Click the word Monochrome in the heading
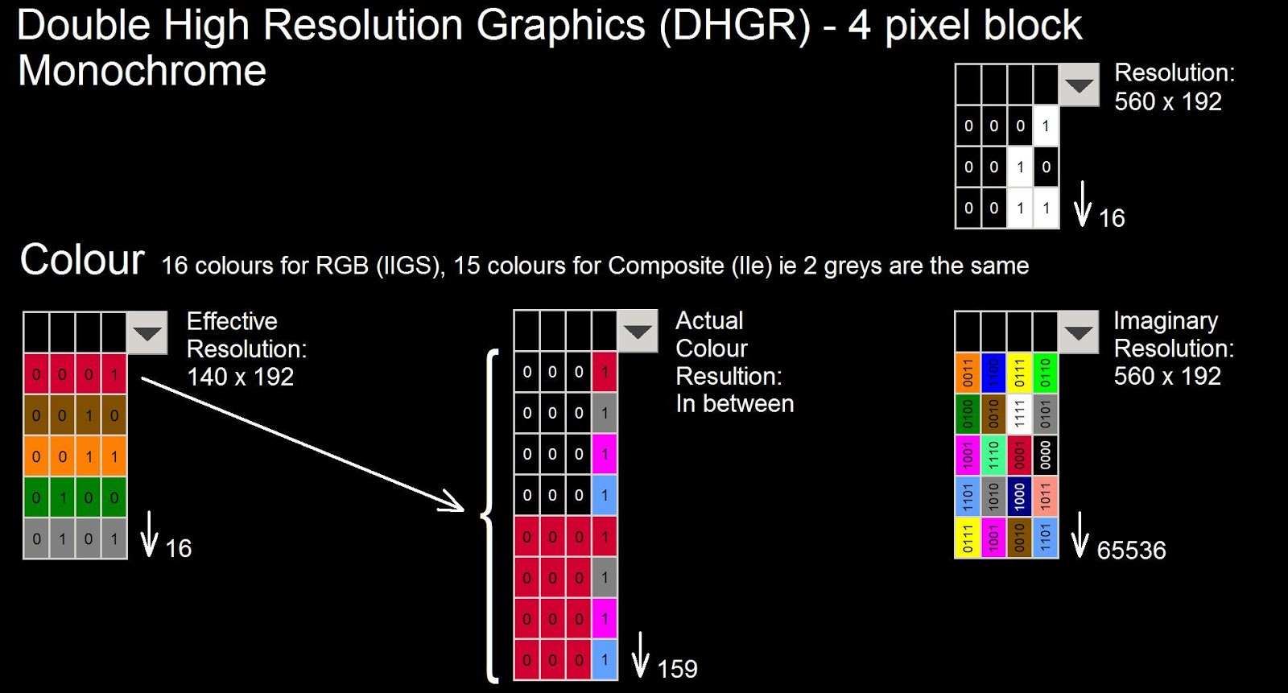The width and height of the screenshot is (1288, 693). coord(142,71)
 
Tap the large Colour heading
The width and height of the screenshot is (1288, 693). coord(82,260)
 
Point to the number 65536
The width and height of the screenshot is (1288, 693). coord(1131,551)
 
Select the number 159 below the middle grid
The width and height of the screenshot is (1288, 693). coord(677,669)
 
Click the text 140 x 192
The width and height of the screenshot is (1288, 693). coord(240,377)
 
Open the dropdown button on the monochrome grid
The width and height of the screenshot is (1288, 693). coord(1079,85)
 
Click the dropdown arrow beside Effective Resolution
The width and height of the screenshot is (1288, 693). coord(147,333)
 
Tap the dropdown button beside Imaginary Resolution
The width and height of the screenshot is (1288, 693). coord(1079,332)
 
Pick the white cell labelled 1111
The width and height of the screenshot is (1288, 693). coord(1019,414)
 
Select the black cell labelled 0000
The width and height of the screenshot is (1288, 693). coord(1045,455)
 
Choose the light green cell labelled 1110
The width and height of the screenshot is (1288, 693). coord(993,455)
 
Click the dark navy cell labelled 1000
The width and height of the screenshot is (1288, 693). coord(1019,497)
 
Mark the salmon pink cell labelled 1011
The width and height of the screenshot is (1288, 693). coord(1045,497)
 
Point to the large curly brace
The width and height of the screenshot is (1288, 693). coord(489,515)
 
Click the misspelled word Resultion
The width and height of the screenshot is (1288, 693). coord(729,377)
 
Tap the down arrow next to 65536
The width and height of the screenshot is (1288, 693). coord(1080,535)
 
